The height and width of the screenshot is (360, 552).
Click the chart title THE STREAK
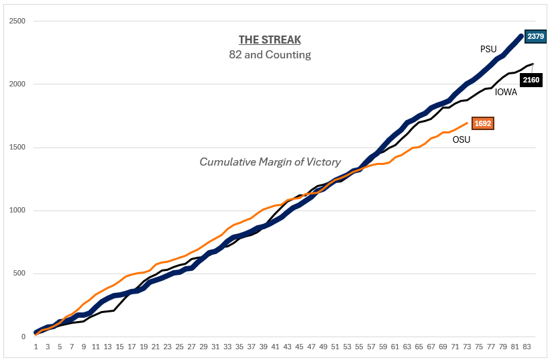click(270, 40)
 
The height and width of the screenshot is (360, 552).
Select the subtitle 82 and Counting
click(270, 55)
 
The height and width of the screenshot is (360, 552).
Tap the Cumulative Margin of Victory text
click(270, 162)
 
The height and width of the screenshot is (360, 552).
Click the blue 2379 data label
click(536, 36)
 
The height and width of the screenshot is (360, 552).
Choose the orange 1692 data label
click(483, 123)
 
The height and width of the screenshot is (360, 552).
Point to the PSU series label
click(488, 49)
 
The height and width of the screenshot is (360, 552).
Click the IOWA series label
click(506, 92)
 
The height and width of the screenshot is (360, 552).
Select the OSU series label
click(461, 139)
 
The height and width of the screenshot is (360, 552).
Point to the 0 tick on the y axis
click(23, 337)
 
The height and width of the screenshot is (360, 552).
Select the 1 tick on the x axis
click(36, 347)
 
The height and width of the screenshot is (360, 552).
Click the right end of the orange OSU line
click(467, 123)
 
